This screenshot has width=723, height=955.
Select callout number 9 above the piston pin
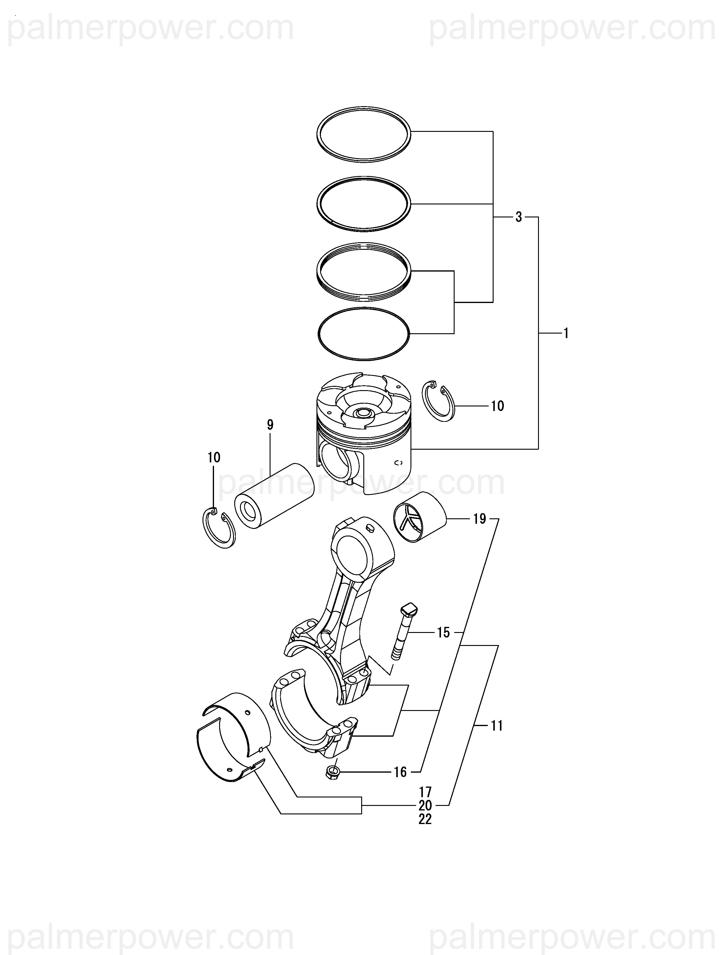(x=270, y=425)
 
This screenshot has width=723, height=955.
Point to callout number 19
(x=480, y=519)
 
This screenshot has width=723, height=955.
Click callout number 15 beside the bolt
(x=443, y=633)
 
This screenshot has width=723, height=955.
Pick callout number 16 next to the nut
(x=400, y=772)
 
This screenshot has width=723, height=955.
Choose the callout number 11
(x=497, y=726)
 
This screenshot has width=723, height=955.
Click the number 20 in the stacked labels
(x=425, y=805)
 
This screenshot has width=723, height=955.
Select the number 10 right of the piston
(x=497, y=406)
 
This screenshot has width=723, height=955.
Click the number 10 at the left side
(x=214, y=457)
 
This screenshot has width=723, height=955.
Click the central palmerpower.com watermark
(x=362, y=482)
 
